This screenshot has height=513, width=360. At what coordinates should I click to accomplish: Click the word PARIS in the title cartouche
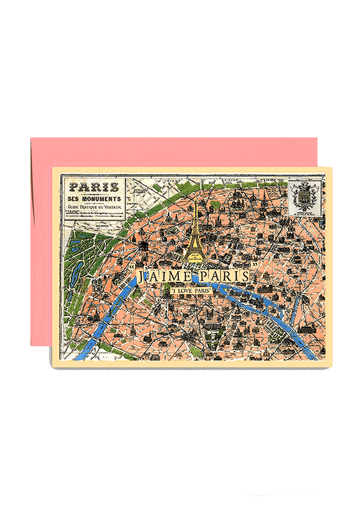[94, 187]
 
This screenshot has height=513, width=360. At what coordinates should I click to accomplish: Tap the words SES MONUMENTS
[94, 199]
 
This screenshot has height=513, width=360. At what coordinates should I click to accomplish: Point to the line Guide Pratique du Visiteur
[94, 207]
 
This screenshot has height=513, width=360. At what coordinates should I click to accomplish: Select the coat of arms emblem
[305, 197]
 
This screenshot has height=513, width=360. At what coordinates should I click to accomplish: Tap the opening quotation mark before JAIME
[131, 267]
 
